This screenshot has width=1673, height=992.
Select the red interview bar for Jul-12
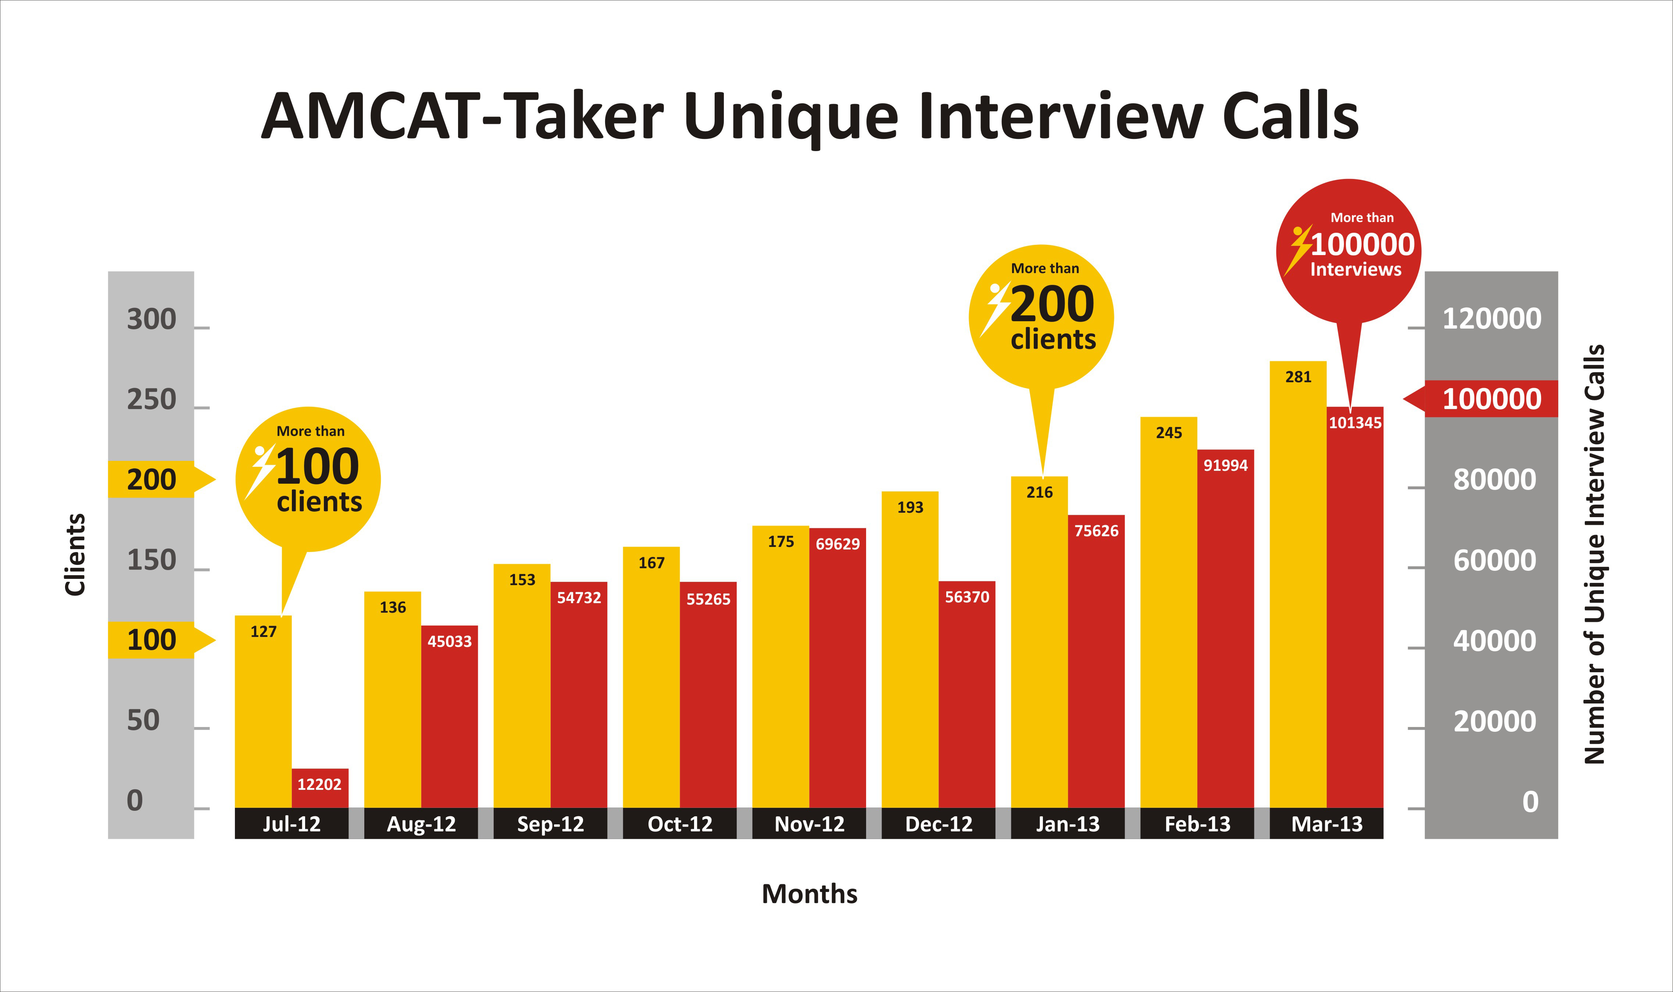[x=320, y=788]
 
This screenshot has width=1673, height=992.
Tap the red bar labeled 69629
[x=837, y=668]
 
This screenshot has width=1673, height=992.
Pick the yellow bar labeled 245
[x=1168, y=612]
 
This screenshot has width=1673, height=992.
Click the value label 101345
[x=1355, y=422]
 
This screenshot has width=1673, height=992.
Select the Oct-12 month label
[x=680, y=824]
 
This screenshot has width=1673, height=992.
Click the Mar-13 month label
[x=1327, y=824]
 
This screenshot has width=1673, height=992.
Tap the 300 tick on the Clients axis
[x=152, y=319]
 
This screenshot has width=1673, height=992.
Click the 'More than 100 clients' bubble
[x=308, y=479]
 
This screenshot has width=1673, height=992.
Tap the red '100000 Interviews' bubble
[x=1349, y=251]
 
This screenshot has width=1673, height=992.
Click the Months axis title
[x=809, y=894]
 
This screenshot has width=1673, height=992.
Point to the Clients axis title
[x=75, y=554]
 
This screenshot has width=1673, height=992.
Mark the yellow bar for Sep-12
[x=522, y=686]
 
